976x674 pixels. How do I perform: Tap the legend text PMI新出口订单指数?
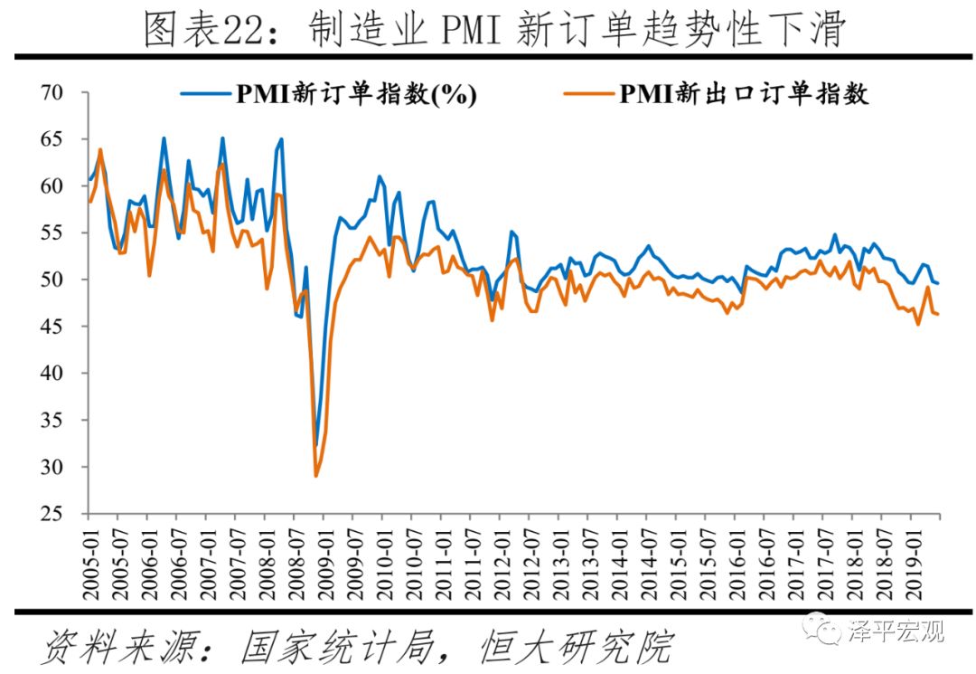[x=743, y=93]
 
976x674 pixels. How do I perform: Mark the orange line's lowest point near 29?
[x=315, y=476]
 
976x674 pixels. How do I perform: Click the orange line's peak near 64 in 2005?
[x=100, y=149]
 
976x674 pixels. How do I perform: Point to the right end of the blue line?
[x=938, y=283]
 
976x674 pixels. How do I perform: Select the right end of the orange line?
[x=938, y=314]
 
